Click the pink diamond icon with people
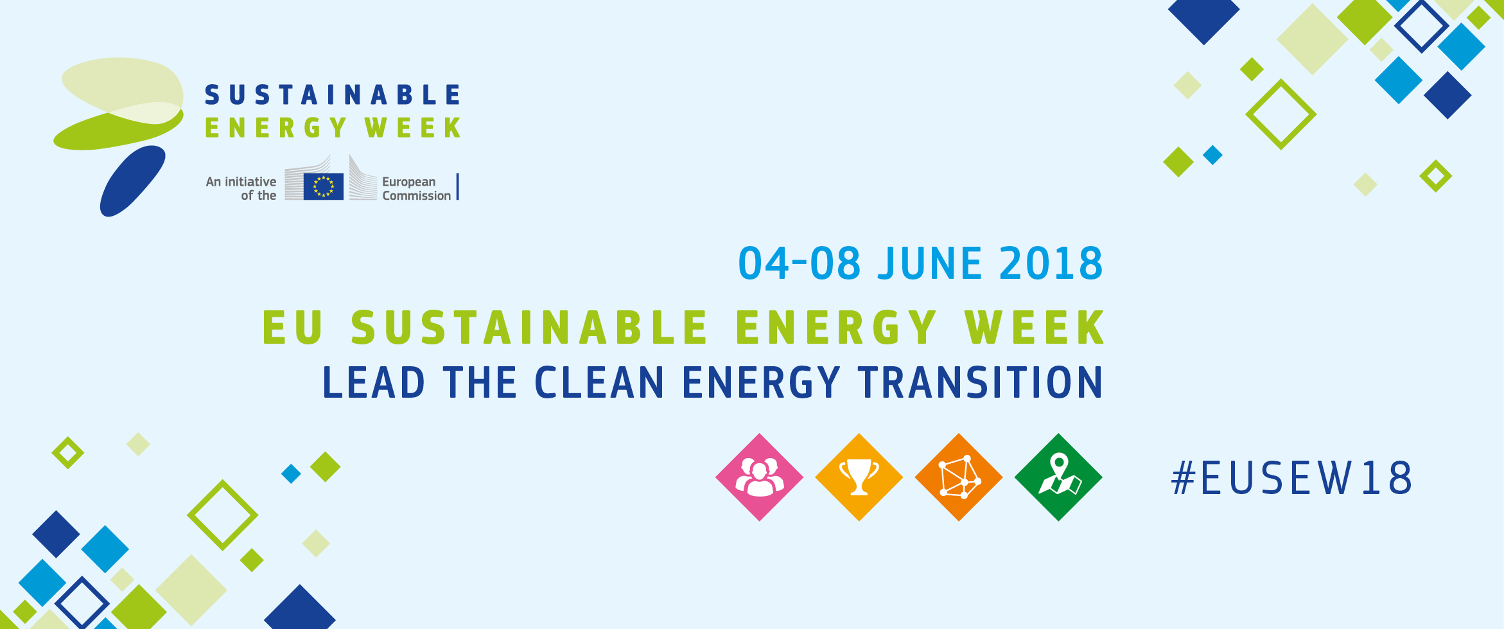[759, 477]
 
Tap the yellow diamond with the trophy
[859, 477]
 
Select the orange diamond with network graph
[959, 477]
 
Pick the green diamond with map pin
[1058, 477]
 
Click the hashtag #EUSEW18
[1291, 478]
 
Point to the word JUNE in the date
[930, 263]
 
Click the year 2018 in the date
[1051, 263]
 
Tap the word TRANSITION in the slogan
[981, 382]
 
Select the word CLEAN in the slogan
[599, 382]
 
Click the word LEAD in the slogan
[374, 382]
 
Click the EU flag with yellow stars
[324, 186]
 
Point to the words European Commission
[416, 189]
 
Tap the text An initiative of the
[241, 189]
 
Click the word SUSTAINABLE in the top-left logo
[333, 95]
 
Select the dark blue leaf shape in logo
[133, 181]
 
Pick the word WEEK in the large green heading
[1035, 328]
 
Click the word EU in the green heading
[292, 328]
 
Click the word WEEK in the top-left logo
[413, 128]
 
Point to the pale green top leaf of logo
[122, 87]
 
